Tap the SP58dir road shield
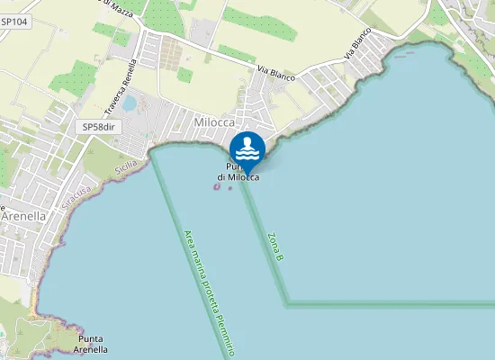(100, 127)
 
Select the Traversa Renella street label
(120, 88)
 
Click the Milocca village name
(214, 121)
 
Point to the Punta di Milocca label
(242, 172)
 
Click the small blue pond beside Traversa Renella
(130, 103)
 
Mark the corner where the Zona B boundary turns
(288, 303)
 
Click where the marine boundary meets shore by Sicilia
(151, 148)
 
